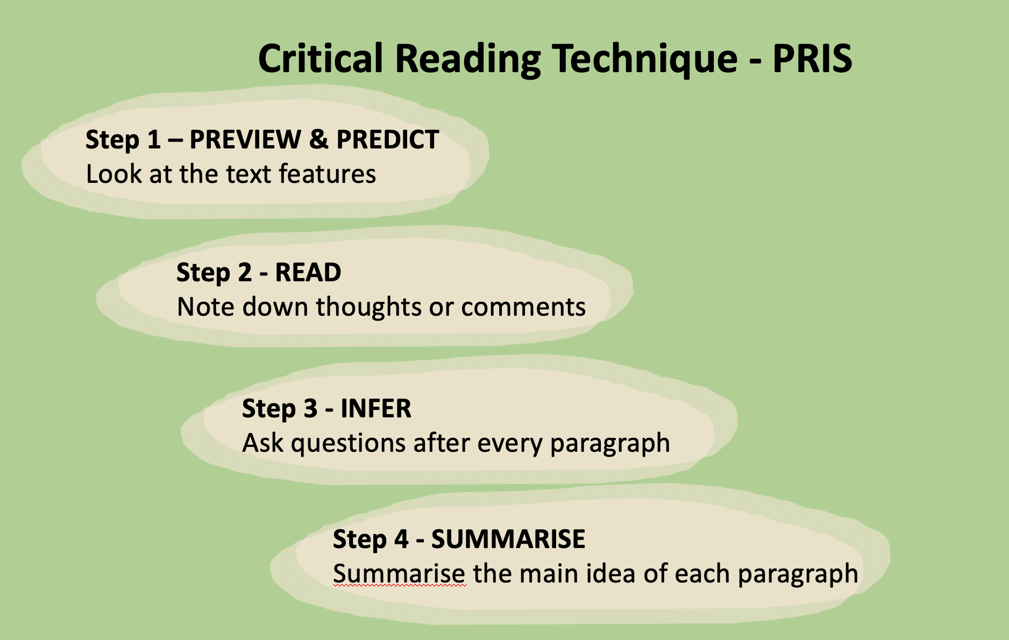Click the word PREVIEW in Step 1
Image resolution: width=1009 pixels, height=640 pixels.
(x=245, y=140)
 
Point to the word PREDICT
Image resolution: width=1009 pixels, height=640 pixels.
(x=388, y=140)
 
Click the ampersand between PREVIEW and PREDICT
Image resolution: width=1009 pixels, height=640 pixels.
(x=318, y=140)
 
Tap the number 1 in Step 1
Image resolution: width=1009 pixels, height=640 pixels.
(x=154, y=140)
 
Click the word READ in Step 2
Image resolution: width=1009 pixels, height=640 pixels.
(x=308, y=273)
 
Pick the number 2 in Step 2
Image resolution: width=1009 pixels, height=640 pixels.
(x=245, y=273)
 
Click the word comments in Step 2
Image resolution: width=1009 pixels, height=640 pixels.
(x=523, y=307)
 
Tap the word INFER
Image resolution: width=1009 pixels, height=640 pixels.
(x=376, y=409)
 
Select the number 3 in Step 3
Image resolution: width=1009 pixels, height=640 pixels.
(x=310, y=409)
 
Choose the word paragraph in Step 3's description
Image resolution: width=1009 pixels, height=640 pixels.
(x=610, y=444)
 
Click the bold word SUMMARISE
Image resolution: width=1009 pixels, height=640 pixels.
(x=508, y=539)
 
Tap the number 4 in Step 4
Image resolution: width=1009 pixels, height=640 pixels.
(x=401, y=539)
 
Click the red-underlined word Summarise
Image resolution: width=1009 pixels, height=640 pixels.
(x=399, y=574)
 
